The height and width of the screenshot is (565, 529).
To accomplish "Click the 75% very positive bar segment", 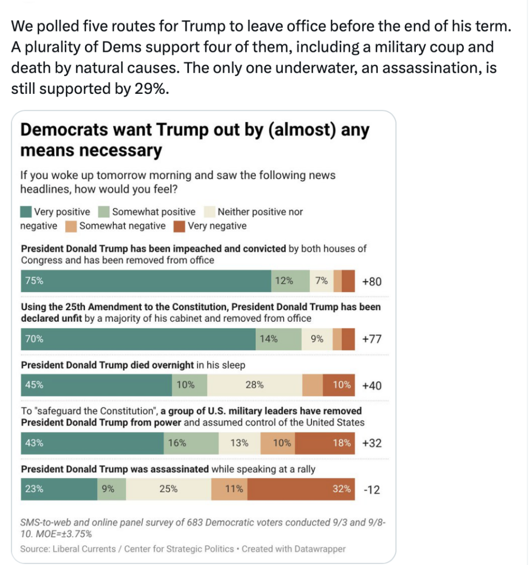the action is pos(146,281).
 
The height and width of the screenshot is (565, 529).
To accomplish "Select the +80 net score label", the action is pos(372,281).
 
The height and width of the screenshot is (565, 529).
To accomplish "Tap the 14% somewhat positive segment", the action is pos(278,339).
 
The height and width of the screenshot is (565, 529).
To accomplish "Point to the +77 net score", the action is pos(372,339).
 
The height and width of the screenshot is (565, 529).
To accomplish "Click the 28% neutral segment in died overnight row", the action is pos(255,385).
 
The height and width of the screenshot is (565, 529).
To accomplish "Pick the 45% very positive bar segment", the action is pos(96,385).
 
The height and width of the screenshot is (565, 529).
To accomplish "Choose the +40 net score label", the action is pos(372,386).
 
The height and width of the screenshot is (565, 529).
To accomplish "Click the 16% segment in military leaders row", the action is pos(191,443).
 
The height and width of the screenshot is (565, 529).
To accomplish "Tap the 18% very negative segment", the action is pos(325,443).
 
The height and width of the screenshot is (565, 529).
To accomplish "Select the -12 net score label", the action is pos(372,490).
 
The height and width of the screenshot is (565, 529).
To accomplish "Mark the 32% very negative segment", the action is pos(301,489).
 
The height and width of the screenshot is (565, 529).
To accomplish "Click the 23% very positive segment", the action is pos(59,489).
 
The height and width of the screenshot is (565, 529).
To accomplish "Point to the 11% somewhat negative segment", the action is pos(229,489).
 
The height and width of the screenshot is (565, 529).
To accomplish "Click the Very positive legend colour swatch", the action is pos(26,212).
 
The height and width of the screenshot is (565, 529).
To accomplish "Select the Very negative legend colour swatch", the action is pos(179,226).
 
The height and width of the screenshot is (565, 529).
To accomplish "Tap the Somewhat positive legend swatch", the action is pos(104,212).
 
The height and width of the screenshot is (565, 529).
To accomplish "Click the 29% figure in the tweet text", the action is pos(151,89).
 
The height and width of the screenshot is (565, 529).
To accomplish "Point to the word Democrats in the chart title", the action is pos(64,130).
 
